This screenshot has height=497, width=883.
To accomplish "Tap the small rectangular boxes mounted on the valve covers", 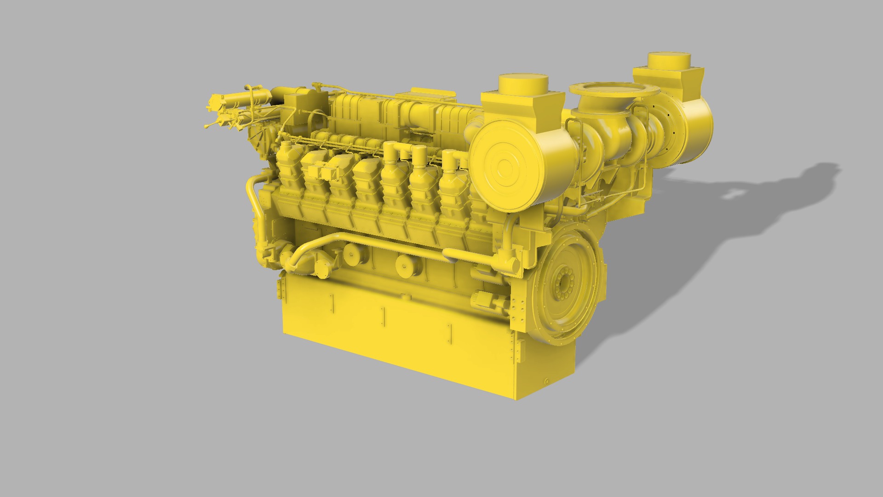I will tap(322, 173).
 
